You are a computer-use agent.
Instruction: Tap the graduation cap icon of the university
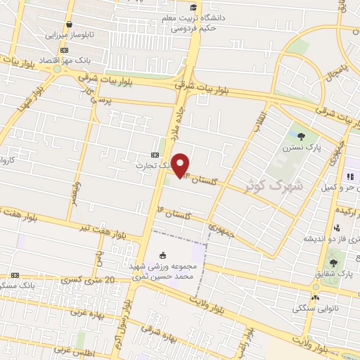(x=193, y=7)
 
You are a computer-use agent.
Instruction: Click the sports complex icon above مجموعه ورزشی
(x=163, y=255)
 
